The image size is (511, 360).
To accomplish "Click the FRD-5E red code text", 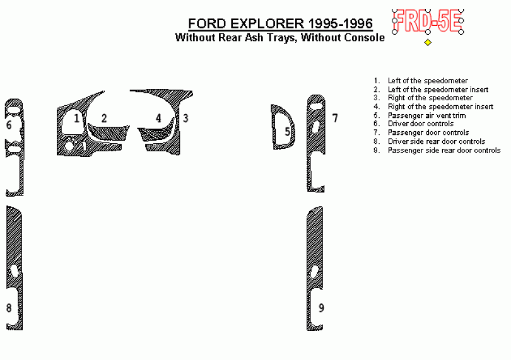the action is tap(428, 21).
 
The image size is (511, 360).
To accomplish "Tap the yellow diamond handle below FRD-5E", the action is tap(428, 42).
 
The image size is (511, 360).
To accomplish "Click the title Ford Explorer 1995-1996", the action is tap(280, 24).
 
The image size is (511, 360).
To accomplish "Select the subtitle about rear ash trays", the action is tap(280, 37).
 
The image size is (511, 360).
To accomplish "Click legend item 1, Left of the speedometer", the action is tap(428, 81).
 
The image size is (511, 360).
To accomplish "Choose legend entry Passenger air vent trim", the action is tap(426, 115).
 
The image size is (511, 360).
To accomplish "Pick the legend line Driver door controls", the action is tap(420, 124).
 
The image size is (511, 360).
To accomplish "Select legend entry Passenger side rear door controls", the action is tap(444, 150).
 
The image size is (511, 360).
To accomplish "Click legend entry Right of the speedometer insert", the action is tap(440, 107).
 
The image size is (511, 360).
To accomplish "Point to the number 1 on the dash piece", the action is tap(76, 118).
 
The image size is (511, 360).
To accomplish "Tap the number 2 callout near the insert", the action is tap(104, 118).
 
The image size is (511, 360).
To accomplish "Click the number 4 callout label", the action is tap(158, 118).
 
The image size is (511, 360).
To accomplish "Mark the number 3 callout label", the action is tap(185, 118).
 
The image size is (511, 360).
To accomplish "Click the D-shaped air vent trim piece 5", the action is tap(273, 127).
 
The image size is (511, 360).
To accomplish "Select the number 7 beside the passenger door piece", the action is tap(335, 118).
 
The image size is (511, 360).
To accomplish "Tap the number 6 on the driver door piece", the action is tap(9, 125).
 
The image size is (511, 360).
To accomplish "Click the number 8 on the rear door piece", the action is tap(9, 308).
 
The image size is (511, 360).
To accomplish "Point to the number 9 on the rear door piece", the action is tap(321, 308).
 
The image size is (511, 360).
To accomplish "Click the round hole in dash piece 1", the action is tap(69, 146).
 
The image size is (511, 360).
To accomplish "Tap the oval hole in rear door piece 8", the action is tap(14, 271).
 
